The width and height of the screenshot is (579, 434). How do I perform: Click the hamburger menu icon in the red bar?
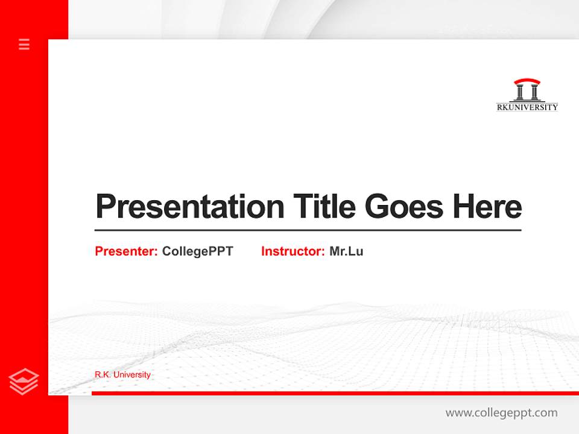(x=24, y=44)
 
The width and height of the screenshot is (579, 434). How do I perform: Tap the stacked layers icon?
(x=24, y=382)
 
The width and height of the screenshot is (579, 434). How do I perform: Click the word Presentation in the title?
(x=190, y=207)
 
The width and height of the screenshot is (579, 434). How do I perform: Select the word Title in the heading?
(x=324, y=206)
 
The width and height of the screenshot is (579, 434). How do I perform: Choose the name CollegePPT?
(x=198, y=251)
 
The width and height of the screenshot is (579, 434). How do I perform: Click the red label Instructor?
(x=293, y=251)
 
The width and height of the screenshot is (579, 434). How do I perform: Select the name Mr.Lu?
(x=346, y=251)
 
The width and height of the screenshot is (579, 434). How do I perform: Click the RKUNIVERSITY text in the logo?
(x=527, y=107)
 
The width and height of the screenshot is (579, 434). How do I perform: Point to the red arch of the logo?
(x=527, y=81)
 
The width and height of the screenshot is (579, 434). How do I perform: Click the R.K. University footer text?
(x=122, y=375)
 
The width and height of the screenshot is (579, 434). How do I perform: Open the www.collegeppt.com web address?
(x=501, y=413)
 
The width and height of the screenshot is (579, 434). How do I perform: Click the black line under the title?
(x=308, y=230)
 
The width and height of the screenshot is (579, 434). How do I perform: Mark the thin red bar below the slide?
(x=335, y=393)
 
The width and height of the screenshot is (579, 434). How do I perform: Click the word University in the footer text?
(x=132, y=375)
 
